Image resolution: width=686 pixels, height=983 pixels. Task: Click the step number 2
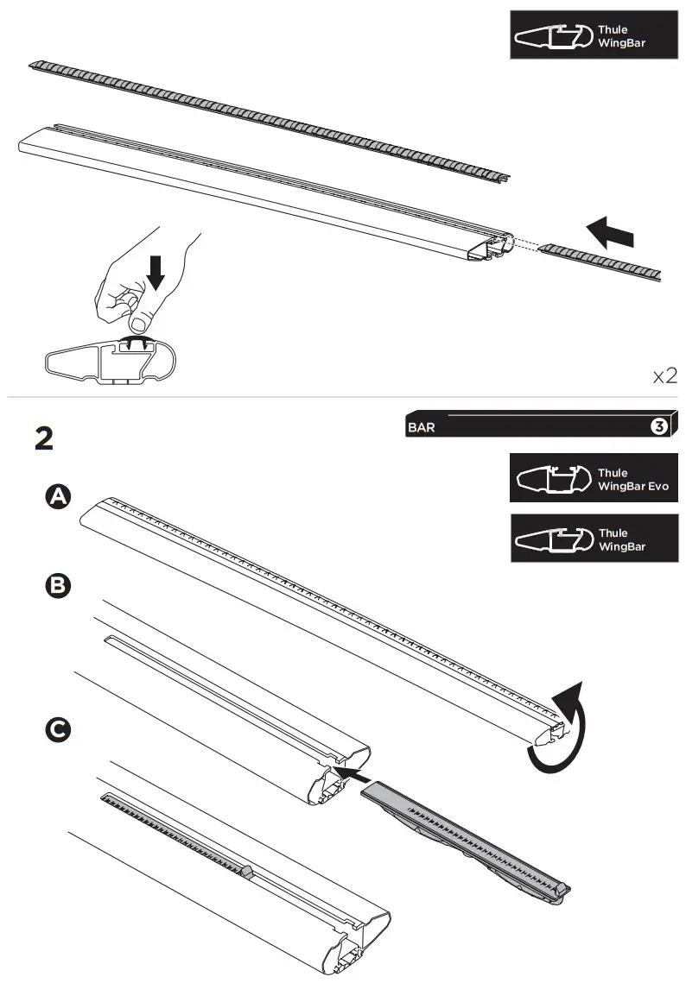pyautogui.click(x=44, y=438)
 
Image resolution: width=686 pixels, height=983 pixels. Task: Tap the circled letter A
pyautogui.click(x=58, y=497)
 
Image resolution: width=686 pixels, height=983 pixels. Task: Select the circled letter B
pyautogui.click(x=58, y=586)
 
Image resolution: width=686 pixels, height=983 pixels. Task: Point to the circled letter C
pyautogui.click(x=58, y=730)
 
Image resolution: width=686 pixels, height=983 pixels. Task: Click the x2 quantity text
pyautogui.click(x=664, y=375)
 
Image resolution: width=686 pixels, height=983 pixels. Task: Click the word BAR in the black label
pyautogui.click(x=421, y=426)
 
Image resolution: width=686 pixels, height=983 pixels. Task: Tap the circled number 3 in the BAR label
pyautogui.click(x=657, y=426)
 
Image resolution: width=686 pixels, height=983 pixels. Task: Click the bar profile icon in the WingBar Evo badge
pyautogui.click(x=549, y=479)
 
